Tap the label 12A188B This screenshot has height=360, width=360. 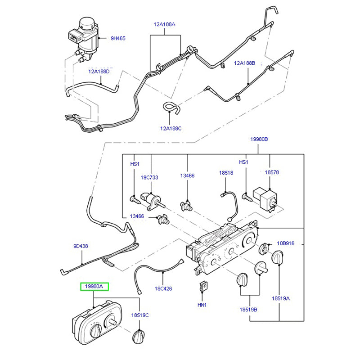coord(244,63)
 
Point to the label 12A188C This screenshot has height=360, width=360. coord(171,128)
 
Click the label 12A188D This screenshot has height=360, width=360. coord(99,71)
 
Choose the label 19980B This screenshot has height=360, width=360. coord(259,140)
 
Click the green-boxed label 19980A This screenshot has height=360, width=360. coord(94,287)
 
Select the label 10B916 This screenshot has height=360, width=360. coord(285,243)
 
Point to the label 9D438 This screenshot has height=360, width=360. coord(81,246)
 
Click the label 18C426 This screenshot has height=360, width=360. coord(163,288)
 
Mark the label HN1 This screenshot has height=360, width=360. coord(202,305)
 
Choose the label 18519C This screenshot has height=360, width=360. coord(140,315)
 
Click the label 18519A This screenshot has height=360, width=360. coord(280,298)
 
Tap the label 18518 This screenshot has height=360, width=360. coord(226,172)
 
